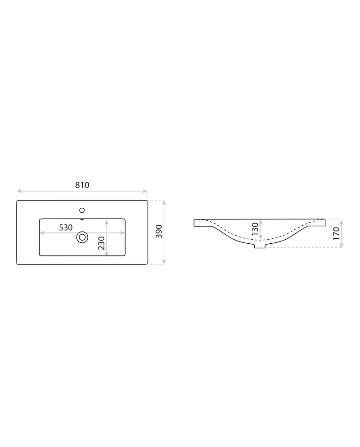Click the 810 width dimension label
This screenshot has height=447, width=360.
[x=82, y=185]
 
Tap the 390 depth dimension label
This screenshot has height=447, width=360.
[x=159, y=232]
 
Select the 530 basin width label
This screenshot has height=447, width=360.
[x=66, y=228]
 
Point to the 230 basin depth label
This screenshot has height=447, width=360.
[x=101, y=243]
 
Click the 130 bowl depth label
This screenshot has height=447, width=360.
[x=255, y=228]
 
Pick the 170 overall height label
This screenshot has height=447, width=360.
[x=336, y=233]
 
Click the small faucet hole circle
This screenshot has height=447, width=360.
[x=82, y=210]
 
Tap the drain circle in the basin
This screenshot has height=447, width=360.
[x=82, y=237]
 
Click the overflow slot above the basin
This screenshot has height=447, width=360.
[x=82, y=220]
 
